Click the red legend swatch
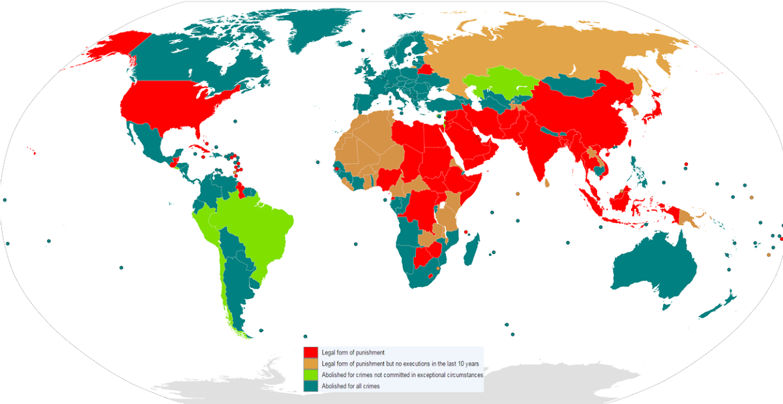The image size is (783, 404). pyautogui.click(x=310, y=353)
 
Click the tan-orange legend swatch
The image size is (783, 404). pyautogui.click(x=310, y=364)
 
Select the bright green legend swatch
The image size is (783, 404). pyautogui.click(x=310, y=375)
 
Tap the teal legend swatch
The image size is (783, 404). pyautogui.click(x=310, y=386)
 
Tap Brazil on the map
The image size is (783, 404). pyautogui.click(x=258, y=228)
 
